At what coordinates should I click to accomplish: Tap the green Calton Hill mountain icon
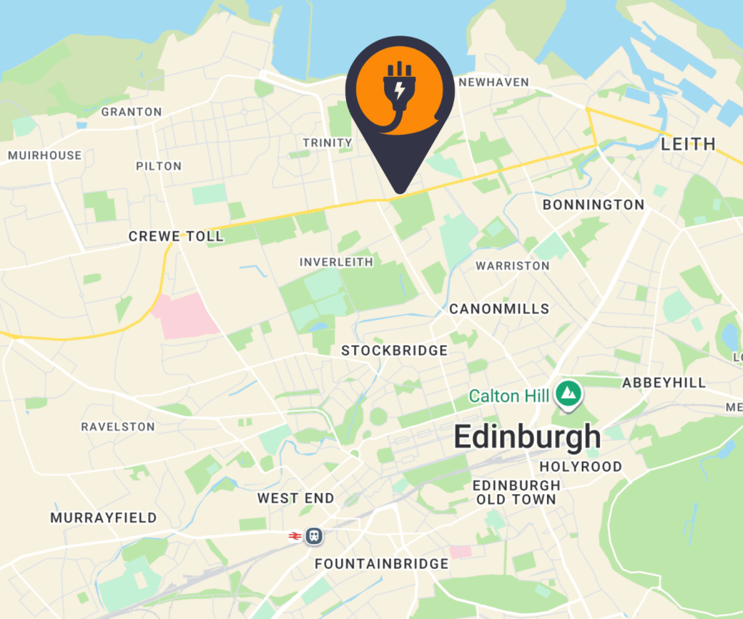(568, 395)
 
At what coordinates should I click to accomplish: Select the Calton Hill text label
(504, 396)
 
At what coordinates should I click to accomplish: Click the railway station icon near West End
(313, 536)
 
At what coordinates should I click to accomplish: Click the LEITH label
(688, 144)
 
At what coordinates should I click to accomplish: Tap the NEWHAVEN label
(494, 83)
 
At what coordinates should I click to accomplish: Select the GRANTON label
(131, 112)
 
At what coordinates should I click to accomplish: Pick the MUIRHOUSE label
(45, 155)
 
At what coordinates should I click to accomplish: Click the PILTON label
(159, 166)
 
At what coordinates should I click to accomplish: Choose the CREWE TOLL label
(176, 237)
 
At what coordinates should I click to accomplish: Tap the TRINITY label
(327, 143)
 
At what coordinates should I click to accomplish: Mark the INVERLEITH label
(337, 262)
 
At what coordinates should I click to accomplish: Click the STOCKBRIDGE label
(395, 351)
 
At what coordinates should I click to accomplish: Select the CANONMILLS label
(499, 309)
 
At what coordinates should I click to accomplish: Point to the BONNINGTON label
(594, 205)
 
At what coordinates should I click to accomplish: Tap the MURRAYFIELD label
(103, 518)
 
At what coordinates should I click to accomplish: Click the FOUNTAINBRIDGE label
(382, 564)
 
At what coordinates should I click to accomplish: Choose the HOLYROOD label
(580, 467)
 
